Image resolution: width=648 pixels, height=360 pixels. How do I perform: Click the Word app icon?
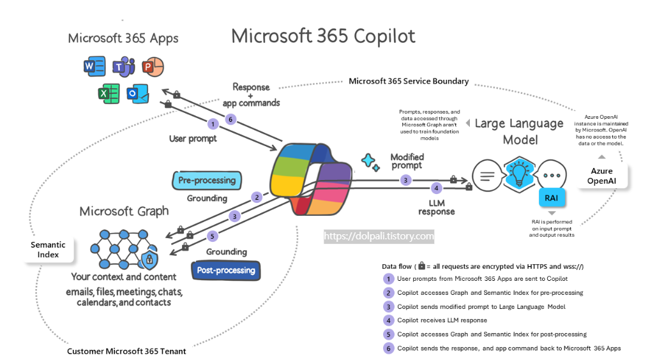pyautogui.click(x=94, y=66)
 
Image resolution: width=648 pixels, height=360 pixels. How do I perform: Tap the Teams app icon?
pyautogui.click(x=123, y=66)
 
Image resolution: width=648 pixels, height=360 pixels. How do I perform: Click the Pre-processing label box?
pyautogui.click(x=207, y=180)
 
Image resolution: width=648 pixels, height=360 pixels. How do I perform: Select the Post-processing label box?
pyautogui.click(x=226, y=270)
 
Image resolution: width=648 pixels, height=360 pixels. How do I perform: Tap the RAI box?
pyautogui.click(x=551, y=198)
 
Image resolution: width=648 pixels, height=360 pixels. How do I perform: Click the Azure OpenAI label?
pyautogui.click(x=601, y=176)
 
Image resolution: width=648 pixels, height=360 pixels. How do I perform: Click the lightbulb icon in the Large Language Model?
pyautogui.click(x=519, y=174)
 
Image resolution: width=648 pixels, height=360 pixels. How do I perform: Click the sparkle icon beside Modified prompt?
pyautogui.click(x=370, y=161)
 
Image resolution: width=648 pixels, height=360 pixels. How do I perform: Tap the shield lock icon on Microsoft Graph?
pyautogui.click(x=149, y=259)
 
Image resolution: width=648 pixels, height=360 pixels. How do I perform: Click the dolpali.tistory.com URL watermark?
pyautogui.click(x=379, y=236)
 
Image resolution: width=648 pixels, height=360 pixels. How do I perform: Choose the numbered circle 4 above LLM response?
pyautogui.click(x=436, y=188)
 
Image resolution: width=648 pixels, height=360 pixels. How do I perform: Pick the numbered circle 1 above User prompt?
pyautogui.click(x=213, y=123)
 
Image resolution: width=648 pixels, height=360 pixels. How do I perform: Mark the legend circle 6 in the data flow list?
pyautogui.click(x=388, y=348)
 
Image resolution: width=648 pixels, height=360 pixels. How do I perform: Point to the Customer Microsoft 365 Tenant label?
pyautogui.click(x=126, y=351)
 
